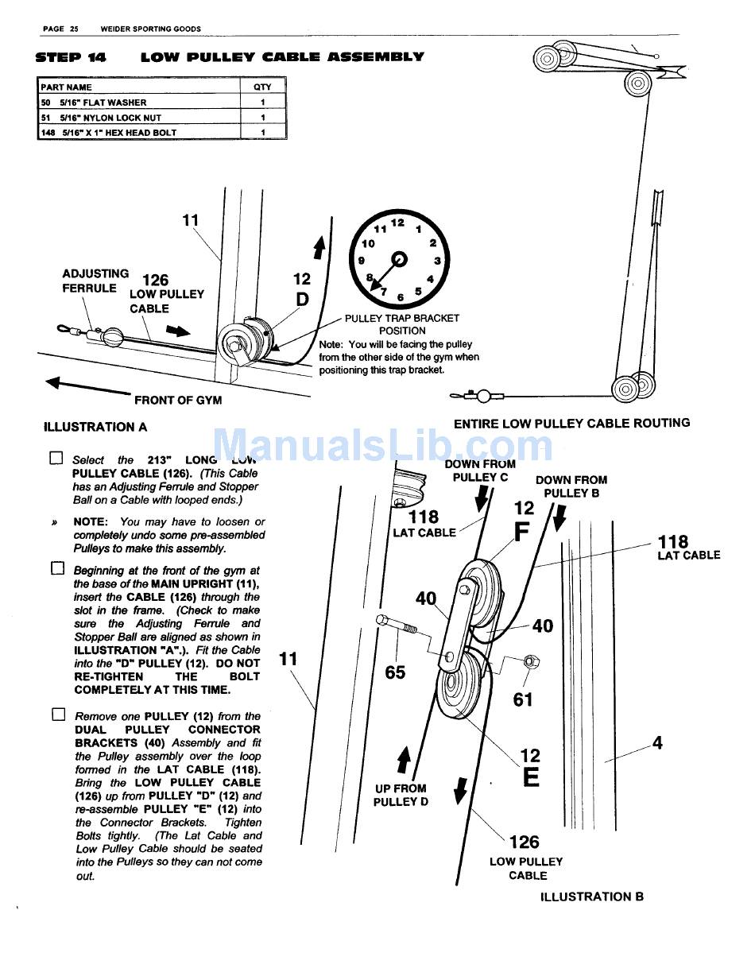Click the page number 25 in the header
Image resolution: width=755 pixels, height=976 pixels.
[x=73, y=29]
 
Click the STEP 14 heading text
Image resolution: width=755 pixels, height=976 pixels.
[x=71, y=57]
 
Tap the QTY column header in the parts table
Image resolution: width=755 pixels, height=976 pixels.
[x=261, y=87]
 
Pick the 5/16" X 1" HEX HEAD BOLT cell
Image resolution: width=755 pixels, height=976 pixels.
[x=118, y=133]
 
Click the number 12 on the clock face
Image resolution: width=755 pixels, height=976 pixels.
[x=397, y=223]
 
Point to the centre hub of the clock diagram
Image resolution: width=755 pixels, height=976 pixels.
[x=399, y=259]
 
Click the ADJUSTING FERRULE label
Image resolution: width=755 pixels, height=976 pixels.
[x=95, y=281]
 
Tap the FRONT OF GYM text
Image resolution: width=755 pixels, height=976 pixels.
[x=178, y=401]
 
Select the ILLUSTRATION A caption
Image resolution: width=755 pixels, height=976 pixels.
[x=95, y=427]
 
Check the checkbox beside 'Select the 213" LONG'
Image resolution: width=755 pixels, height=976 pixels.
[x=56, y=459]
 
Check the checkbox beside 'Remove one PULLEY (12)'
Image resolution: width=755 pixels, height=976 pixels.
[x=57, y=715]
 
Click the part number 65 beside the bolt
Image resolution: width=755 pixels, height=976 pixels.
[x=395, y=672]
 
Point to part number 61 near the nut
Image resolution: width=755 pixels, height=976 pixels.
[x=522, y=699]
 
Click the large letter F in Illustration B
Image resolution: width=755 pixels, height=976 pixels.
[x=522, y=531]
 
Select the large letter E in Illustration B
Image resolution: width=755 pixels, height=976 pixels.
[x=531, y=777]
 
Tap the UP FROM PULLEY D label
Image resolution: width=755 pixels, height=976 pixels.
[x=401, y=795]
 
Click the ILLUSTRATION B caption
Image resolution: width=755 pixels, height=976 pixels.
[x=591, y=897]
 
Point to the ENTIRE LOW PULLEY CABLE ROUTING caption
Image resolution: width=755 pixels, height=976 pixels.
[x=571, y=424]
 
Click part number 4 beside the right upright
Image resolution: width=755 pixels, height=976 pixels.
[x=657, y=743]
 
